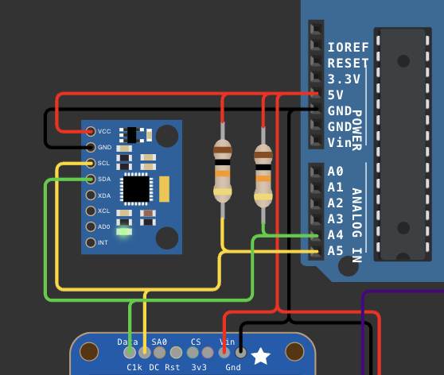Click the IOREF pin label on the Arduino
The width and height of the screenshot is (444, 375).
pyautogui.click(x=348, y=47)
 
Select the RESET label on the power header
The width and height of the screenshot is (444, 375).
pyautogui.click(x=348, y=63)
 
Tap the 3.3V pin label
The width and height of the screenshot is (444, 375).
pyautogui.click(x=344, y=79)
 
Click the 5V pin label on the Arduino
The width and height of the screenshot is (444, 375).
pyautogui.click(x=336, y=95)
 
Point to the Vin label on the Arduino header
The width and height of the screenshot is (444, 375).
pyautogui.click(x=340, y=142)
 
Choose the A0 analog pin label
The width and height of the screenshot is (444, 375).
pyautogui.click(x=335, y=172)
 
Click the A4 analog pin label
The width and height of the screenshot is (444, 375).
pyautogui.click(x=335, y=234)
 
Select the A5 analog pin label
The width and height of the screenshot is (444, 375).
pyautogui.click(x=335, y=250)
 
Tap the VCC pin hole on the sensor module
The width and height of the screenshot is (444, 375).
pyautogui.click(x=91, y=131)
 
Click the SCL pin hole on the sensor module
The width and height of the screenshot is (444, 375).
pyautogui.click(x=91, y=163)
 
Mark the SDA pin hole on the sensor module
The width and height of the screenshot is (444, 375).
pyautogui.click(x=91, y=179)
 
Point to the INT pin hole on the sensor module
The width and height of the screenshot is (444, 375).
pyautogui.click(x=91, y=242)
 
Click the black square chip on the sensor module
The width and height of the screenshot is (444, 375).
pyautogui.click(x=135, y=188)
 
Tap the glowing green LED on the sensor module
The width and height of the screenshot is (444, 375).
pyautogui.click(x=123, y=231)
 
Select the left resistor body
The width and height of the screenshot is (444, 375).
pyautogui.click(x=223, y=170)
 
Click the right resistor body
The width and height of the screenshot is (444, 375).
pyautogui.click(x=263, y=176)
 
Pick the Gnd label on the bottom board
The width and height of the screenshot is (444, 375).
pyautogui.click(x=233, y=368)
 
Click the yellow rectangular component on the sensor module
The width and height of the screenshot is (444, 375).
pyautogui.click(x=165, y=188)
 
